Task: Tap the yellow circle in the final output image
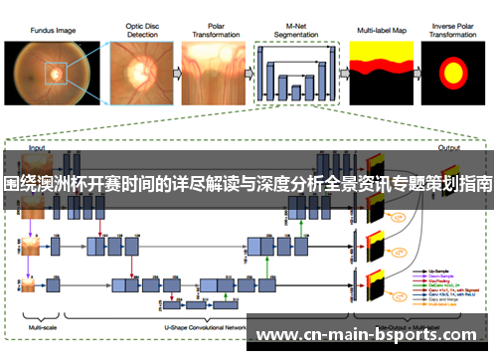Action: click(x=452, y=72)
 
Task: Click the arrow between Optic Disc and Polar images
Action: click(x=170, y=72)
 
